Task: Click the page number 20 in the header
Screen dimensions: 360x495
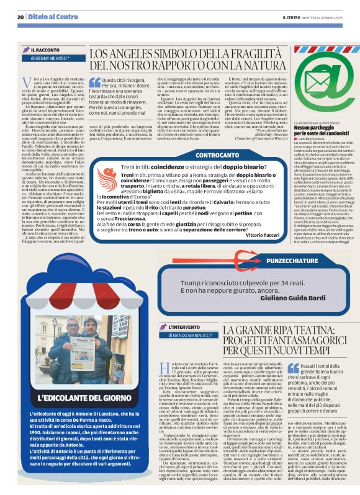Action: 20,17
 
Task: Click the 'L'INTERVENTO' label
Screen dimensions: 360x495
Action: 184,327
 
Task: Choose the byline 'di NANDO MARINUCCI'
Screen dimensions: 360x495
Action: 190,336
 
